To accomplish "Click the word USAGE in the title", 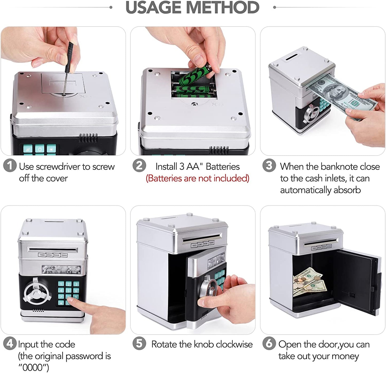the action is coord(154,7).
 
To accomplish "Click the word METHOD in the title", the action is coord(223,7).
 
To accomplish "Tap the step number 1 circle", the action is coord(10,165).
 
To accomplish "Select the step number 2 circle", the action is coord(139,165).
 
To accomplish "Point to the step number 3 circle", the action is coord(269,165).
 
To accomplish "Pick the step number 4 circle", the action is coord(10,343).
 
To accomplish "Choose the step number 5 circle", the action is coord(139,343).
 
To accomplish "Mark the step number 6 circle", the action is coord(269,343).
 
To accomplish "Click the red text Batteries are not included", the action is coord(198,178).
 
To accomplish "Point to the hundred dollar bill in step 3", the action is coord(341,95).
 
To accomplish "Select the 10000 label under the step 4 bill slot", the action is coord(64,255).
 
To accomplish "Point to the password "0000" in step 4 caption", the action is coord(33,367).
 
